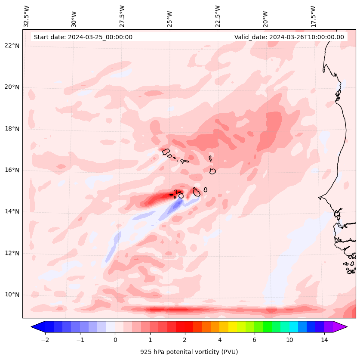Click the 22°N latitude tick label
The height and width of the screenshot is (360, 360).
click(x=12, y=46)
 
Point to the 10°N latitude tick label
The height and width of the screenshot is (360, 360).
click(x=12, y=295)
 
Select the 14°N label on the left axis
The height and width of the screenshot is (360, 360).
click(x=12, y=211)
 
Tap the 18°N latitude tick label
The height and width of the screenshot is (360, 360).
click(x=12, y=128)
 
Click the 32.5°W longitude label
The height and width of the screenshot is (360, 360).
click(x=27, y=16)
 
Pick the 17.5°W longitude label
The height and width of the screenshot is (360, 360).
click(x=313, y=16)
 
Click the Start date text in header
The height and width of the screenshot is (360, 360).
click(x=83, y=37)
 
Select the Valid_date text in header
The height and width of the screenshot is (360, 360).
click(x=289, y=37)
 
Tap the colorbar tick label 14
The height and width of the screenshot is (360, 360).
click(x=324, y=340)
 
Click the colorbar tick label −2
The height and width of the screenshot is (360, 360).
click(x=45, y=340)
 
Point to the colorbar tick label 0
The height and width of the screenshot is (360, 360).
click(x=115, y=340)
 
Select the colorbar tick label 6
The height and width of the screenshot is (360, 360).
click(x=254, y=340)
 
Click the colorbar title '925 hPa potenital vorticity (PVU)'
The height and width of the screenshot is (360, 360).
click(x=189, y=352)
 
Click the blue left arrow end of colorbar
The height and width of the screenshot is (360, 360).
click(x=37, y=326)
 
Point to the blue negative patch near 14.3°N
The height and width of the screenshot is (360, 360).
click(x=176, y=205)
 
